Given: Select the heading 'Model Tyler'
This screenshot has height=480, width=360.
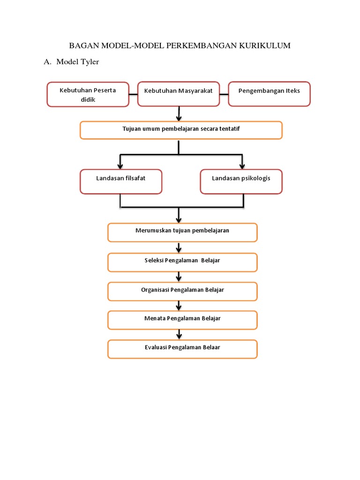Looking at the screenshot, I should point(77,62).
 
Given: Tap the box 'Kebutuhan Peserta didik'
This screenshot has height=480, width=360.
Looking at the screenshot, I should point(88,94).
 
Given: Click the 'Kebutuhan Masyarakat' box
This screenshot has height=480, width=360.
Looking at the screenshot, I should point(179,93).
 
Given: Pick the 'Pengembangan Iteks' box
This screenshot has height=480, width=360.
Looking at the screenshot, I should point(269,93).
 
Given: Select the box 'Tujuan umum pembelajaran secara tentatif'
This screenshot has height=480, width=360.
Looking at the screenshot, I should point(181,130).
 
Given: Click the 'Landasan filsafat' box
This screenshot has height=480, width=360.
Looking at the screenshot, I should point(121,181).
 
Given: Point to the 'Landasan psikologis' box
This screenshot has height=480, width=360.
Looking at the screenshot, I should point(241,181).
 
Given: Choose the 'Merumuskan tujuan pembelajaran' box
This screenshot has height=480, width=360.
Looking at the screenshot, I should point(182,232).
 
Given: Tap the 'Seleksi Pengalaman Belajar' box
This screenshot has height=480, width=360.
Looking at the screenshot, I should point(182,262).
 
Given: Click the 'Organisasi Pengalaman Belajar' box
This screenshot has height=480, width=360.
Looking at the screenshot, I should point(182,291).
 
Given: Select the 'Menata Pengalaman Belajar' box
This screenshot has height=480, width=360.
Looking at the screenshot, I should point(182,320).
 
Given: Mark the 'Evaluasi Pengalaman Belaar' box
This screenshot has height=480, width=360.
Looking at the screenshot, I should point(182,349).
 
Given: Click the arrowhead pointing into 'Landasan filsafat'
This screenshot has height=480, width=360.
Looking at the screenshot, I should point(120,165).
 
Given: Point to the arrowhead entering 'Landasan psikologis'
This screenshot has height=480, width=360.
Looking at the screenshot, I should point(242,165).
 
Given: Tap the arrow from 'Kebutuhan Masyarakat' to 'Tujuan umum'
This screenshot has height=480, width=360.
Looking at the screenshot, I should point(179,114).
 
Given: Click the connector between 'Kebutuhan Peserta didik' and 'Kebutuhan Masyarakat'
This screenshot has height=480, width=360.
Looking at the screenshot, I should point(133,94).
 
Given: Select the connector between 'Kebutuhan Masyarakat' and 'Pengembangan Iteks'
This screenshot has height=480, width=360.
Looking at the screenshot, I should point(224,94).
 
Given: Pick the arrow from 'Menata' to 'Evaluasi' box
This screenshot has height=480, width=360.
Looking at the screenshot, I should point(179,335).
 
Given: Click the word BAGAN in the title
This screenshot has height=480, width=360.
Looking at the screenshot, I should point(82,45).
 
